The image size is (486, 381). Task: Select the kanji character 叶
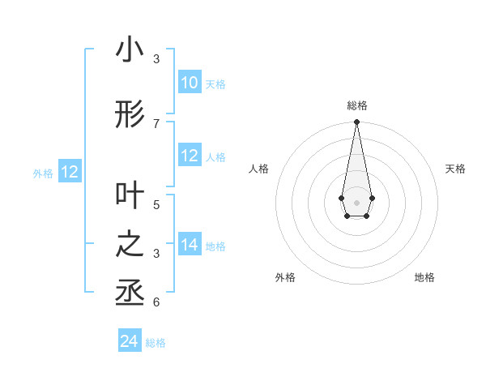pyautogui.click(x=130, y=195)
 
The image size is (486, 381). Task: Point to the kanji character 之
pyautogui.click(x=130, y=245)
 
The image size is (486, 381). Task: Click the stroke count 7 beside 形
pyautogui.click(x=156, y=123)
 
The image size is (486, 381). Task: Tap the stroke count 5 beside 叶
pyautogui.click(x=156, y=203)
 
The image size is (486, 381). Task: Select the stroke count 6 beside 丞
pyautogui.click(x=156, y=302)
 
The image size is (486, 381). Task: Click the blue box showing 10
pyautogui.click(x=189, y=83)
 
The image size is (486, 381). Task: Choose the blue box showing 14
pyautogui.click(x=189, y=245)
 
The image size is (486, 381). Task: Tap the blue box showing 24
pyautogui.click(x=130, y=341)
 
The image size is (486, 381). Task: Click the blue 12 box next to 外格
pyautogui.click(x=69, y=172)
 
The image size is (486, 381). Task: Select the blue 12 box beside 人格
pyautogui.click(x=189, y=156)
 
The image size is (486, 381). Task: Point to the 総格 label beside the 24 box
pyautogui.click(x=156, y=343)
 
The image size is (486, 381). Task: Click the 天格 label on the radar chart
pyautogui.click(x=455, y=169)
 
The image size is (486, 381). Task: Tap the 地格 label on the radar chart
pyautogui.click(x=424, y=277)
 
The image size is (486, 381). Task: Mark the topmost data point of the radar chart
pyautogui.click(x=356, y=122)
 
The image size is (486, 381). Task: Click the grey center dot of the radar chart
pyautogui.click(x=356, y=201)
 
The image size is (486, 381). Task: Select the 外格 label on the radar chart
pyautogui.click(x=285, y=277)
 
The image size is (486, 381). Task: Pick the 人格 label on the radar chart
pyautogui.click(x=258, y=169)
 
